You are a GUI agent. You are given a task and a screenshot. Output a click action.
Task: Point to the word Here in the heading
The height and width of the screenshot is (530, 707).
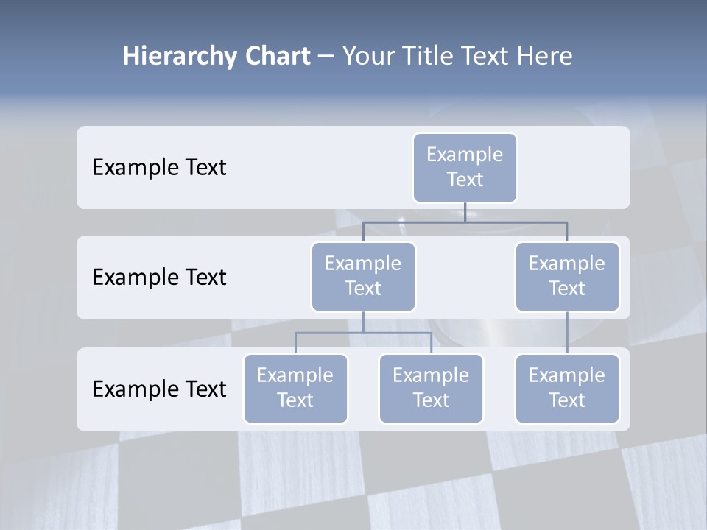544,56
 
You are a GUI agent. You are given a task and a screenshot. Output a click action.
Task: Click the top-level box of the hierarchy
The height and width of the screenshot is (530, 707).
465,168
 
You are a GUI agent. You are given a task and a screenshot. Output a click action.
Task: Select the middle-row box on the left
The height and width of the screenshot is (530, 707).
363,277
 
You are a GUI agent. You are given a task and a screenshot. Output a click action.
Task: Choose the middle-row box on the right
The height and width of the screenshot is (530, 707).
567,277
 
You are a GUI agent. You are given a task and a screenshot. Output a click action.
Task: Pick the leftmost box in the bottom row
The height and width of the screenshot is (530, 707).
295,389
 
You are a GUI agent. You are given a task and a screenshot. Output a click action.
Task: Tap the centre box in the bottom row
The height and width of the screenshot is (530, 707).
431,389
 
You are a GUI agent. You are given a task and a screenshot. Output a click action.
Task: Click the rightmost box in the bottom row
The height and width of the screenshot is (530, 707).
567,389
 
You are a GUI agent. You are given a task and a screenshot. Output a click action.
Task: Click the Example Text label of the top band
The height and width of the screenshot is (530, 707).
159,168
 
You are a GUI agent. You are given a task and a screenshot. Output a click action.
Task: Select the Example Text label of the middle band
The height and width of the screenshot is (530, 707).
159,278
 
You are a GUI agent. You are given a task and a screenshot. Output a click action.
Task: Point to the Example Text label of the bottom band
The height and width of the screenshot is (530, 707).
159,389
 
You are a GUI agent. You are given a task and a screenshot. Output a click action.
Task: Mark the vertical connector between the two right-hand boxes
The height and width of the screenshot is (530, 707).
567,333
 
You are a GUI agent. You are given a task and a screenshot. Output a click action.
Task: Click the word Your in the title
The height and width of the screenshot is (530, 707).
366,56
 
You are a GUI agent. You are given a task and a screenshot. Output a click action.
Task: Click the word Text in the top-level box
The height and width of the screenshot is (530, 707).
465,180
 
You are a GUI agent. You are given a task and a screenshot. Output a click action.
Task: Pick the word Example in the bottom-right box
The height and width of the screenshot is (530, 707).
567,375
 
